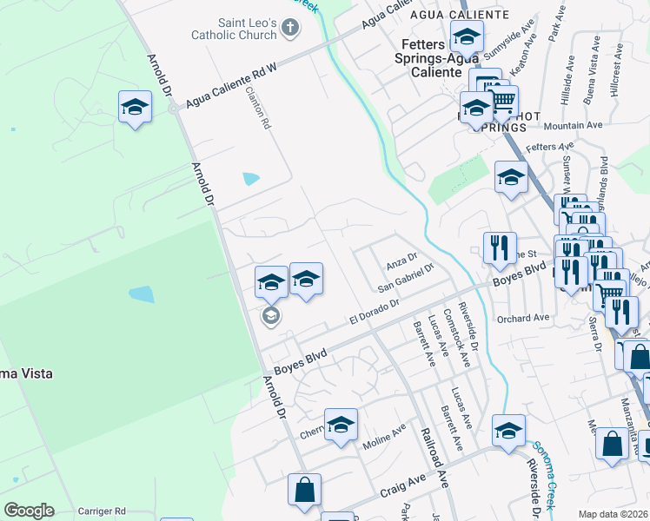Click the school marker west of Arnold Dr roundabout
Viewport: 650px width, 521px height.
135,107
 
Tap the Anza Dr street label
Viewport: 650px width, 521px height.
401,260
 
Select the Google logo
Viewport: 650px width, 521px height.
29,511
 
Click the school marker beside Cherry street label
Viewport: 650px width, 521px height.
341,424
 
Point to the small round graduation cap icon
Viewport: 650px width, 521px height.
270,315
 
